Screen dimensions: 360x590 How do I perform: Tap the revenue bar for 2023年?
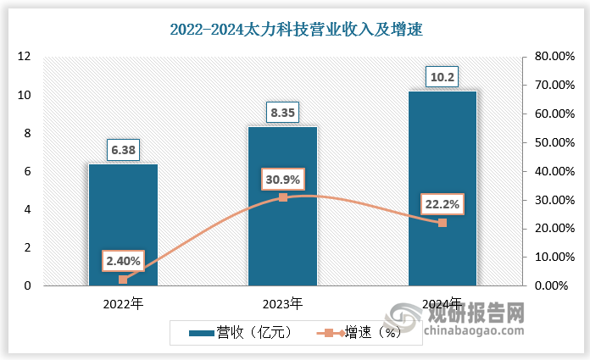[282, 207]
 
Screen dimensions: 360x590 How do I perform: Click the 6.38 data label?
[123, 151]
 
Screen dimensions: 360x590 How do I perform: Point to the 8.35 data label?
[282, 113]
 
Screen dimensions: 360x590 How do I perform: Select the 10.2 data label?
[442, 78]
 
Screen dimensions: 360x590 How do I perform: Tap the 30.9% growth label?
[282, 180]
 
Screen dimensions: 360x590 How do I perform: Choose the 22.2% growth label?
[442, 204]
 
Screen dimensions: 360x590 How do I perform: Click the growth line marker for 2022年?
[123, 280]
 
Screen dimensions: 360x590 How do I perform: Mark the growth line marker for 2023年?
[282, 197]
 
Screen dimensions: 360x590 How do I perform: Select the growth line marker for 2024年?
[442, 223]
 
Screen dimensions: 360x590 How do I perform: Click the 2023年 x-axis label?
[282, 302]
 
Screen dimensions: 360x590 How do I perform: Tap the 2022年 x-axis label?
[123, 302]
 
